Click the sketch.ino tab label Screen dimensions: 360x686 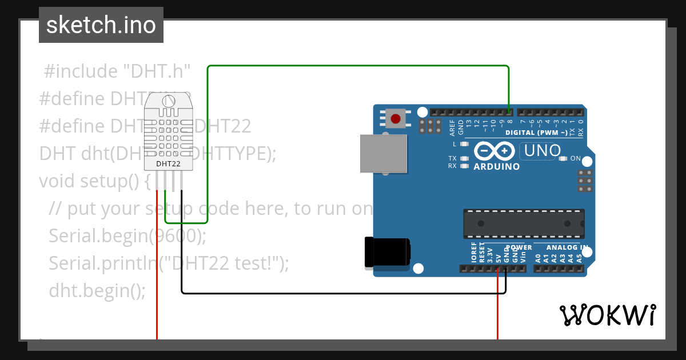pyautogui.click(x=101, y=25)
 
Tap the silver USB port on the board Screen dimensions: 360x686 pyautogui.click(x=383, y=153)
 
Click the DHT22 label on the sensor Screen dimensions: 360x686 pyautogui.click(x=169, y=164)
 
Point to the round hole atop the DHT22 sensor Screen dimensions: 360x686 pyautogui.click(x=169, y=101)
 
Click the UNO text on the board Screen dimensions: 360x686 pyautogui.click(x=538, y=151)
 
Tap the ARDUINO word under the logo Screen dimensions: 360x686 pyautogui.click(x=497, y=167)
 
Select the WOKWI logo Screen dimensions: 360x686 pyautogui.click(x=607, y=315)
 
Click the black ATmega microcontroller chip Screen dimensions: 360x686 pyautogui.click(x=524, y=223)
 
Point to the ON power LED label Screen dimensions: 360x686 pyautogui.click(x=576, y=158)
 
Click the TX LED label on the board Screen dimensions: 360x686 pyautogui.click(x=452, y=158)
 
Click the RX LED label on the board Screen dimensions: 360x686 pyautogui.click(x=452, y=166)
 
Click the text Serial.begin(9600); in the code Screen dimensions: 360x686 pyautogui.click(x=127, y=236)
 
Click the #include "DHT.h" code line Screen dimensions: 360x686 pyautogui.click(x=117, y=71)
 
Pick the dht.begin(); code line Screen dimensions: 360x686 pyautogui.click(x=97, y=290)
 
